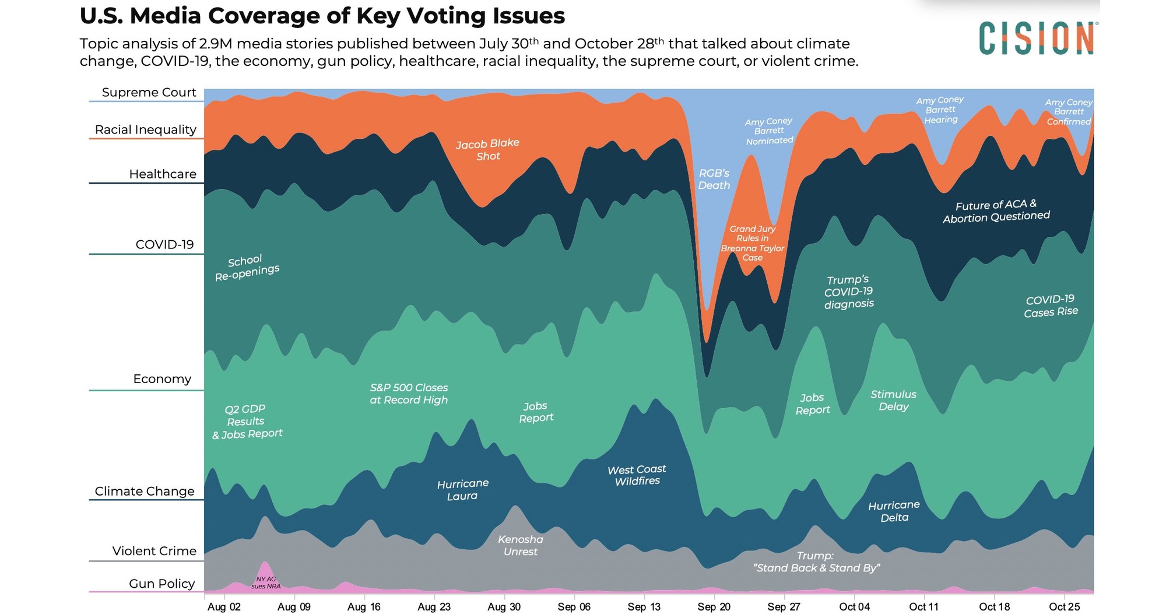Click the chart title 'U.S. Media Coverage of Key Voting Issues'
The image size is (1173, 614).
322,16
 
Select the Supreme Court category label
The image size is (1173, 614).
149,92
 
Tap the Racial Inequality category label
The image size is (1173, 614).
145,129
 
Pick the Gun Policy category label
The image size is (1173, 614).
161,583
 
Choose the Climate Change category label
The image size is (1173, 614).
144,491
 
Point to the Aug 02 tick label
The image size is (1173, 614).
224,606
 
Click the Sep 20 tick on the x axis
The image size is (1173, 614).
714,606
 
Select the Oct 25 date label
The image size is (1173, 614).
1064,606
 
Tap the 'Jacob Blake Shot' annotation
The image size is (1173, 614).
487,149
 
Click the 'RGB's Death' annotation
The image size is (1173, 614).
714,179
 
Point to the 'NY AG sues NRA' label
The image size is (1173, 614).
266,583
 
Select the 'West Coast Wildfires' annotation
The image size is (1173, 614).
637,475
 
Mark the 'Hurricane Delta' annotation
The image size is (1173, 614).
894,511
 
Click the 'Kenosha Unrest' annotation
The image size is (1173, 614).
520,545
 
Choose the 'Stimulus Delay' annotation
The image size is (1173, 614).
893,401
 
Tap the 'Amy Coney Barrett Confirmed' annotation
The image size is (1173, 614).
1068,112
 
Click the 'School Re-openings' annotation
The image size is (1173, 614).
247,268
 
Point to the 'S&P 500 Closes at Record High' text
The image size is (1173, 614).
409,394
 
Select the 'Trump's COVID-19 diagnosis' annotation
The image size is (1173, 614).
848,292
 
